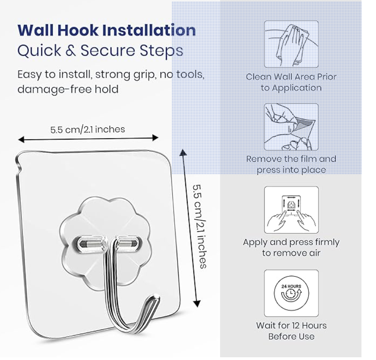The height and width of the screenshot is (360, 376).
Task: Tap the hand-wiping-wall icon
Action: (x=291, y=44)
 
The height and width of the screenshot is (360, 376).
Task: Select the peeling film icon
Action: (x=291, y=127)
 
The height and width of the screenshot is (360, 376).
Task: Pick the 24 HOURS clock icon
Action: (x=291, y=293)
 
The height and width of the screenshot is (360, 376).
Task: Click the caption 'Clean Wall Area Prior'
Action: (x=291, y=77)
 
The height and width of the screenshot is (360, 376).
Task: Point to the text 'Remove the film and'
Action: (x=291, y=159)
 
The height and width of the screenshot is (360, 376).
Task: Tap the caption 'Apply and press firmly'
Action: (x=291, y=242)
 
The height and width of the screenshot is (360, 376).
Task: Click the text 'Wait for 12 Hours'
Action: (x=291, y=325)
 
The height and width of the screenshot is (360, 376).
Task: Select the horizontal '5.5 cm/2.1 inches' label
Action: (x=88, y=129)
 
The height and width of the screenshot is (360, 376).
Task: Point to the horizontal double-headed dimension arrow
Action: (x=88, y=138)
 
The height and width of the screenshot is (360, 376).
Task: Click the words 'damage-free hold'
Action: (x=68, y=89)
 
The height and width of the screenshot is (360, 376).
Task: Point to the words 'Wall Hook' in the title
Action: (x=59, y=30)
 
